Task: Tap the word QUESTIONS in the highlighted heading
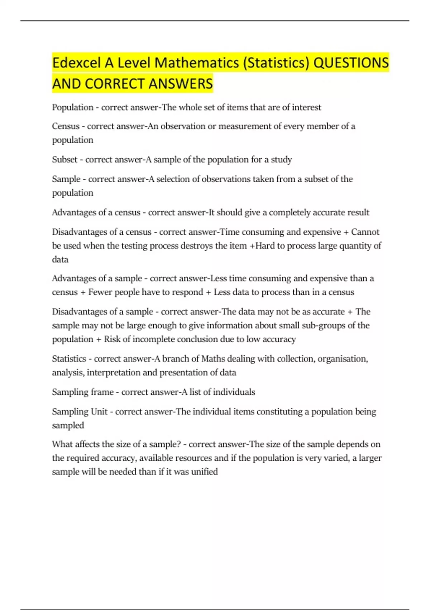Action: [351, 63]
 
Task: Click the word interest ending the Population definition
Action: [306, 107]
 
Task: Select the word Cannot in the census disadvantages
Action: [365, 232]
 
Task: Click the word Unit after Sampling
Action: [99, 412]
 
